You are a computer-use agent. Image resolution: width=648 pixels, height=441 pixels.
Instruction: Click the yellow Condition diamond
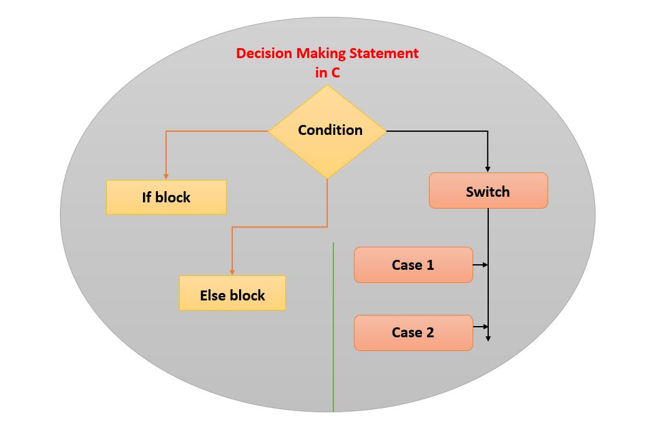coord(327,131)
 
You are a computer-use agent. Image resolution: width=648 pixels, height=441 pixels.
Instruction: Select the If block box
coord(166,197)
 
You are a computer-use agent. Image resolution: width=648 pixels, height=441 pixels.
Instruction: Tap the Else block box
coord(232,294)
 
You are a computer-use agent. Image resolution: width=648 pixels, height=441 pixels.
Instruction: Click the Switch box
coord(488,191)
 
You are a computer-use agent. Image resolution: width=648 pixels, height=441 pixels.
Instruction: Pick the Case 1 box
coord(413,265)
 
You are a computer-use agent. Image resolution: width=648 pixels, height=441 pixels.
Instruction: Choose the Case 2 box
coord(413,332)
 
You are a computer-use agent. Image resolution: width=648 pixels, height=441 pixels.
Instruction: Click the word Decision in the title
coord(264,54)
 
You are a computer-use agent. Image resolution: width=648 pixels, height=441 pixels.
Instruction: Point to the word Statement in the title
coord(385,54)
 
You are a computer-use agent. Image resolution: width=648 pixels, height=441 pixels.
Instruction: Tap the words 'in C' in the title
coord(327,72)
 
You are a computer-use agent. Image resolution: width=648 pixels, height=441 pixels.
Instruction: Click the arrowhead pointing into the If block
coord(166,176)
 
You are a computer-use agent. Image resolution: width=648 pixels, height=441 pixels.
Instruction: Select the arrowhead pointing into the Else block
coord(232,272)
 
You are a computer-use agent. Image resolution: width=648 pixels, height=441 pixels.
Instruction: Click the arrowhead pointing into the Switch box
coord(488,169)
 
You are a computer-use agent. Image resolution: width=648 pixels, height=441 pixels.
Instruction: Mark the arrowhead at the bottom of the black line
coord(488,338)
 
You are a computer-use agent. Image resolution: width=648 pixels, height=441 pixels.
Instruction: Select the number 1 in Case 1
coord(430,265)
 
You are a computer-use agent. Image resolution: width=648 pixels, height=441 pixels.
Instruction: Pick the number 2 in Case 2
coord(430,332)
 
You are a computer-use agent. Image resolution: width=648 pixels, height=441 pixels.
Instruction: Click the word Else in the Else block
coord(212,295)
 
